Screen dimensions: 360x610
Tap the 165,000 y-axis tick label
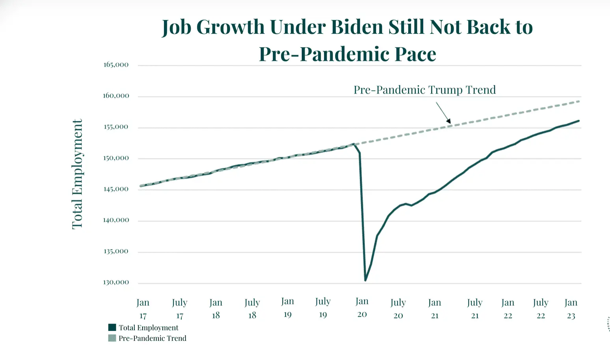(116, 65)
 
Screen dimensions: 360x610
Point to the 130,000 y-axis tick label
(116, 282)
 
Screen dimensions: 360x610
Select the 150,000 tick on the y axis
(116, 158)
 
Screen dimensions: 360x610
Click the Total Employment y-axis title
(77, 174)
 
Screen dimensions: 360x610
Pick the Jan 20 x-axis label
(362, 308)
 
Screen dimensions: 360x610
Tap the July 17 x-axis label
(180, 309)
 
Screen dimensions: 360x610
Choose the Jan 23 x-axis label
(571, 309)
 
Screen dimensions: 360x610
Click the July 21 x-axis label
(475, 309)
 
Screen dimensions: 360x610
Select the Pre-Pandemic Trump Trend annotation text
(424, 90)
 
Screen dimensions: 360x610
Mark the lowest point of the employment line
(366, 280)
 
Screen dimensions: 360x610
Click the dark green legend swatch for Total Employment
(112, 327)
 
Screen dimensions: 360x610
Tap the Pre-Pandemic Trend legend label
(152, 338)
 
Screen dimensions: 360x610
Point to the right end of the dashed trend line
(579, 101)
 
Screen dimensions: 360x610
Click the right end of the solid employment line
(578, 121)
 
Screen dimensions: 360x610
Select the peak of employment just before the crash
(354, 144)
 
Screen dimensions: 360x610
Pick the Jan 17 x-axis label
(143, 309)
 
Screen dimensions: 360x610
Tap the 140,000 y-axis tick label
(116, 220)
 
